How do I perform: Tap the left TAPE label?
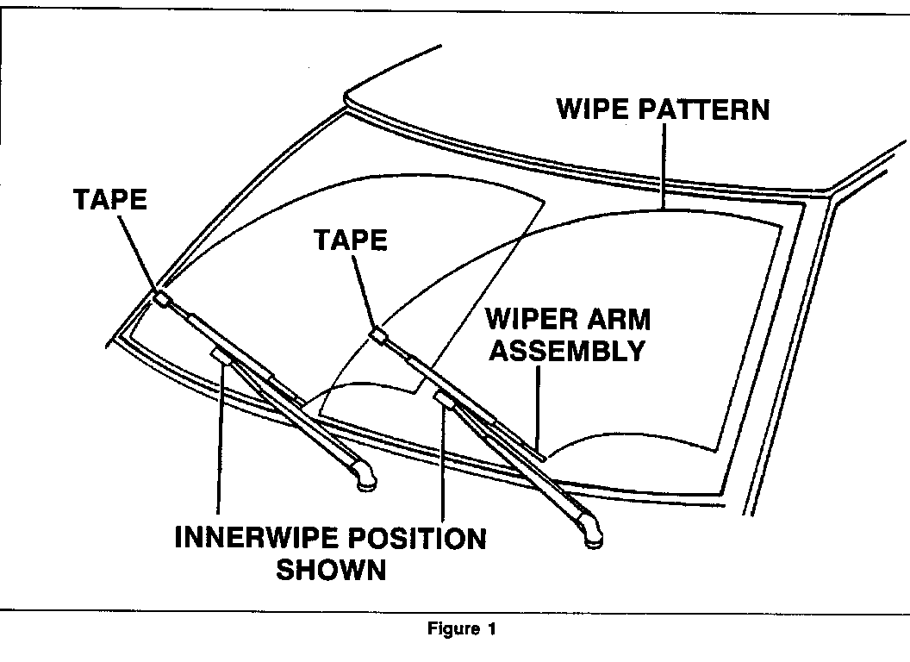click(110, 199)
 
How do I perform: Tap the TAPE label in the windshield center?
click(351, 240)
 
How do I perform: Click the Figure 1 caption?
click(462, 629)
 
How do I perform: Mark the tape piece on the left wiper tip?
click(161, 298)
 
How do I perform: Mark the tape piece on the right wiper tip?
click(377, 334)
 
